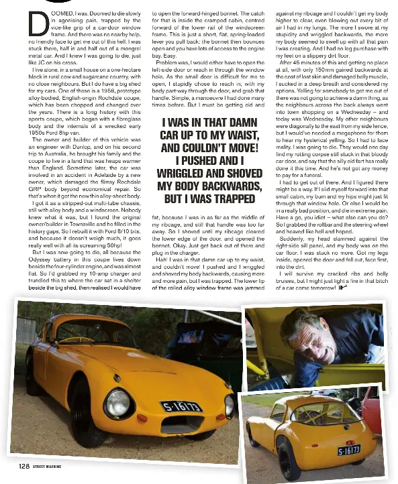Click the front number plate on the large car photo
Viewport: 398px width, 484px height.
(181, 406)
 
